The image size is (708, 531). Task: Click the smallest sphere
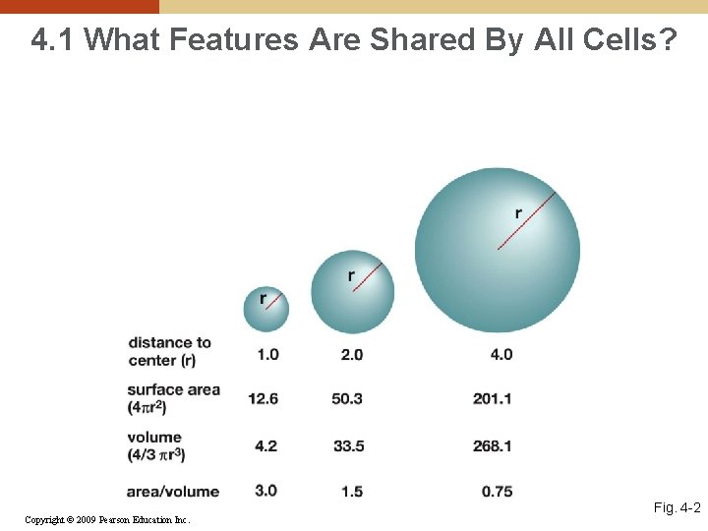(266, 309)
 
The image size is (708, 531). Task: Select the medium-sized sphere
(352, 291)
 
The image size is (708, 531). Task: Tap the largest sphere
(497, 250)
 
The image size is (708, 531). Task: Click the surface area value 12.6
(264, 398)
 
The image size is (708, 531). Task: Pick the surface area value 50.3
(348, 398)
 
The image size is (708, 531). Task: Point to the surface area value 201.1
(493, 398)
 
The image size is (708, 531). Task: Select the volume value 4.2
(266, 445)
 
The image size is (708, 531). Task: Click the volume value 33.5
(348, 445)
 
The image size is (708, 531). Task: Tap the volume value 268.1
(493, 445)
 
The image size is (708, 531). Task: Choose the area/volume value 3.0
(266, 490)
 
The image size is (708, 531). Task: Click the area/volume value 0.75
(497, 491)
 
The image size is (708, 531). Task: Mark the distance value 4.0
(501, 354)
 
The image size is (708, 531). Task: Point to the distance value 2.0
(351, 354)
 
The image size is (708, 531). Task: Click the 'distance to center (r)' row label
(169, 351)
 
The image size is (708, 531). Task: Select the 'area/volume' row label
(173, 491)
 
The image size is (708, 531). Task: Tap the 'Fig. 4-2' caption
(677, 508)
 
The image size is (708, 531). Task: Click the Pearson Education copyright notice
(107, 519)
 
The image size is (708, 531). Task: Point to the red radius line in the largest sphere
(527, 220)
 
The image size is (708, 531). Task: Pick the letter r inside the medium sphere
(351, 275)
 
